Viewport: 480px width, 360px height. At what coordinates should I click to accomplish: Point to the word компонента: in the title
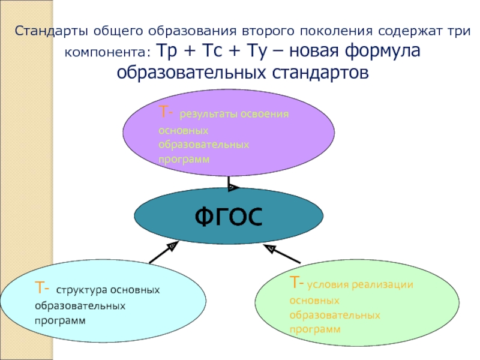[107, 52]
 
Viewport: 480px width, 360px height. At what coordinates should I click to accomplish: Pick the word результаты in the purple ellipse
[208, 114]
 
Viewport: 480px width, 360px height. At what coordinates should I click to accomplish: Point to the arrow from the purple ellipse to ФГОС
[230, 183]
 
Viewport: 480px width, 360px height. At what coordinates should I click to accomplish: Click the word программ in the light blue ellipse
[60, 320]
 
